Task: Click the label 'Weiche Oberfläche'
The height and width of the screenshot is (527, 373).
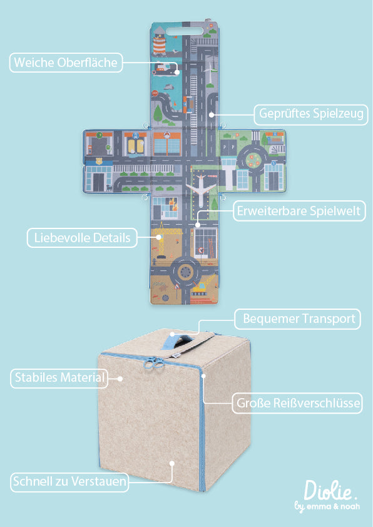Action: coord(66,63)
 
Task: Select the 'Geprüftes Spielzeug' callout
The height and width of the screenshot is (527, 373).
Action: coord(311,115)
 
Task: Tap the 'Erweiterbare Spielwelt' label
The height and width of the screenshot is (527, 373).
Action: coord(299,211)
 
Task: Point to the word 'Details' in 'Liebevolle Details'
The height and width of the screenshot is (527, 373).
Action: coord(111,238)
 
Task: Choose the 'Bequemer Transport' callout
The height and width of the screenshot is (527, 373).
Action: coord(297,319)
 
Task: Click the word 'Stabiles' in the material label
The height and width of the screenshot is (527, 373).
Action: coord(35,378)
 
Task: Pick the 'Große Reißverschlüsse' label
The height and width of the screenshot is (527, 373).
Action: coord(297,403)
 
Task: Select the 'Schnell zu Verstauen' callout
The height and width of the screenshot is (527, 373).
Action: coord(69,482)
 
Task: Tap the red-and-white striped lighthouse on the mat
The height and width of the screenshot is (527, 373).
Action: coord(160,44)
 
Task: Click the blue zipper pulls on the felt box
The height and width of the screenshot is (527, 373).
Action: coord(153,362)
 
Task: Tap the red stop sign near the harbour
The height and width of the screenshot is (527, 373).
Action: coord(155,93)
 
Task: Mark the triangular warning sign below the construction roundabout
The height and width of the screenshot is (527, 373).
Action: coord(176,287)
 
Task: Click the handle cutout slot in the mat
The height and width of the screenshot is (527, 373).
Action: coord(185,31)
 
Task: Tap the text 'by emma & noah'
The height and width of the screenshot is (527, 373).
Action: coord(327,506)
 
